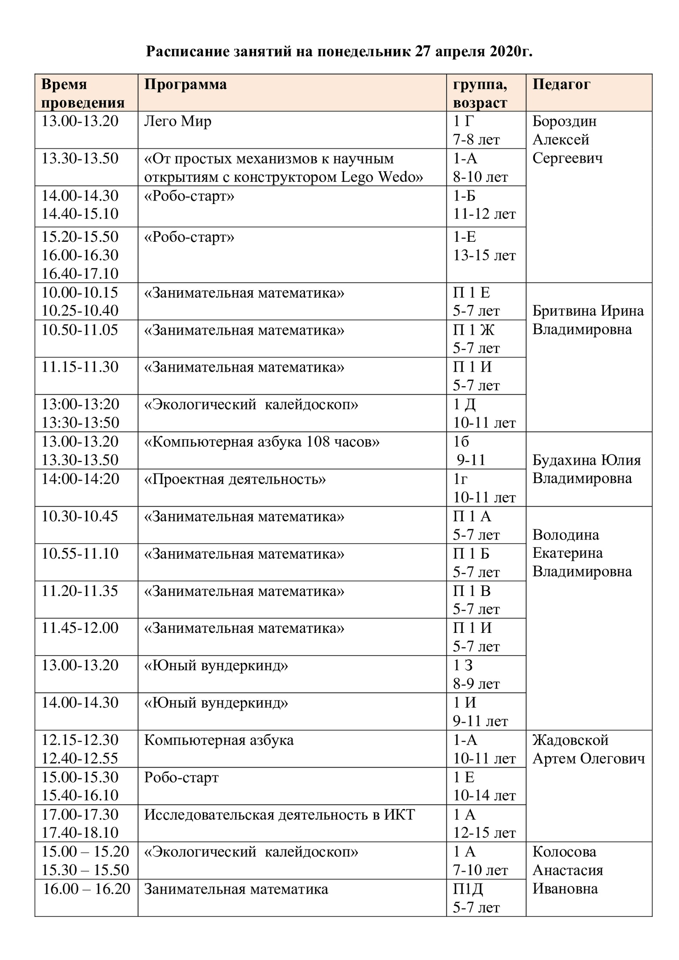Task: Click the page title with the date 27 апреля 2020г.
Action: (x=339, y=52)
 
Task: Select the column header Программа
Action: (x=185, y=84)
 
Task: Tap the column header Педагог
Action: (x=561, y=84)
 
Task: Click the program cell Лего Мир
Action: (x=177, y=121)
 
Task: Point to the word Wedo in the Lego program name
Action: (x=400, y=177)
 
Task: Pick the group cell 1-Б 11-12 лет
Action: (x=484, y=205)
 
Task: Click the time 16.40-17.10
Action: (x=80, y=273)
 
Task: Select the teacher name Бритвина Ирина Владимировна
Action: (x=588, y=320)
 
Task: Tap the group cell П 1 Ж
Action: (x=474, y=330)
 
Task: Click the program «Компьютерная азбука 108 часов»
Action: (x=262, y=442)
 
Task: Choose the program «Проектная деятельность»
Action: (x=235, y=479)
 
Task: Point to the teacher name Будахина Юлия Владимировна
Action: (x=587, y=469)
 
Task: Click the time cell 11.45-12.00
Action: (x=80, y=628)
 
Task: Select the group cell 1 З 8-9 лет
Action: (x=476, y=674)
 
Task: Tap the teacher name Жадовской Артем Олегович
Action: (x=588, y=749)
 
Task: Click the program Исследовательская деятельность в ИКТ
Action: (x=279, y=815)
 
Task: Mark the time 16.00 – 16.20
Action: (x=87, y=889)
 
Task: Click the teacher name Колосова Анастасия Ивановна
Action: (x=568, y=870)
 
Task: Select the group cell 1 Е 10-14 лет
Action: (x=484, y=786)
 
